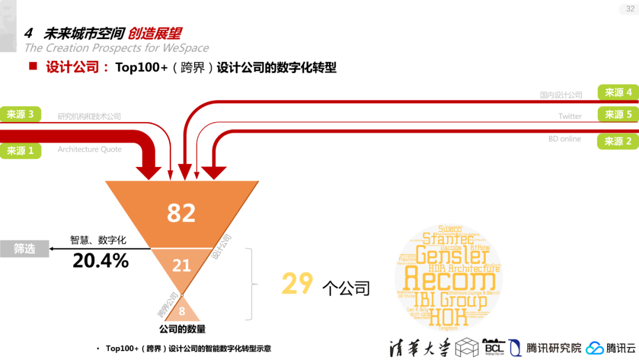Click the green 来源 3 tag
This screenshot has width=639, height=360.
point(20,114)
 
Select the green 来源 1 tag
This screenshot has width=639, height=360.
point(20,150)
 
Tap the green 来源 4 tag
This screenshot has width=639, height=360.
point(618,92)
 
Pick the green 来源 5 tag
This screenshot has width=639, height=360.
point(618,114)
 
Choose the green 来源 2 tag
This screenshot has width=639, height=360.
point(618,142)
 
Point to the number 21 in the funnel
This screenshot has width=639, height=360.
point(181,266)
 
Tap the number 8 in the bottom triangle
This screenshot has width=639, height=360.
point(182,311)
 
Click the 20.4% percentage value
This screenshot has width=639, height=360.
point(101,260)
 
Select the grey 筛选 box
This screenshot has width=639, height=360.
point(24,249)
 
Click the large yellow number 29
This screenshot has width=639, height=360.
point(297,284)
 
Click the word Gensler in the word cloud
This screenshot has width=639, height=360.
point(453,255)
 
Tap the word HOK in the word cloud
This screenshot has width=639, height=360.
point(448,317)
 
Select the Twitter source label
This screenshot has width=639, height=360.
point(570,117)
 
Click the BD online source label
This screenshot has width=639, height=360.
point(564,139)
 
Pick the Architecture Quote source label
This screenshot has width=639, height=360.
point(89,150)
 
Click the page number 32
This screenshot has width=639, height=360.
point(630,9)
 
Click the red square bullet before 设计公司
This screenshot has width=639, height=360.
point(33,66)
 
